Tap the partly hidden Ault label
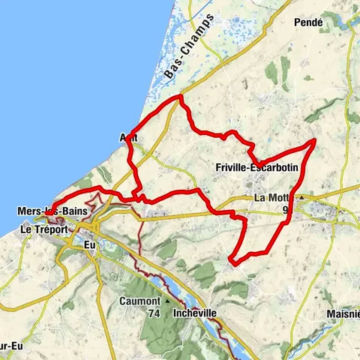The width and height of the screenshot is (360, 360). [x=128, y=138]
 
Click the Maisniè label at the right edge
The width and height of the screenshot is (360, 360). [x=342, y=313]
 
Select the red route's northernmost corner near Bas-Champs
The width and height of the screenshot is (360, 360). [x=180, y=97]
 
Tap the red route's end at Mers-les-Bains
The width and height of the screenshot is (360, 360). [x=46, y=214]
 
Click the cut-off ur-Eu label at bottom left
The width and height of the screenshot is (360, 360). [x=11, y=349]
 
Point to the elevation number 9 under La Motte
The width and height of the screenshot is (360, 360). [x=286, y=210]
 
